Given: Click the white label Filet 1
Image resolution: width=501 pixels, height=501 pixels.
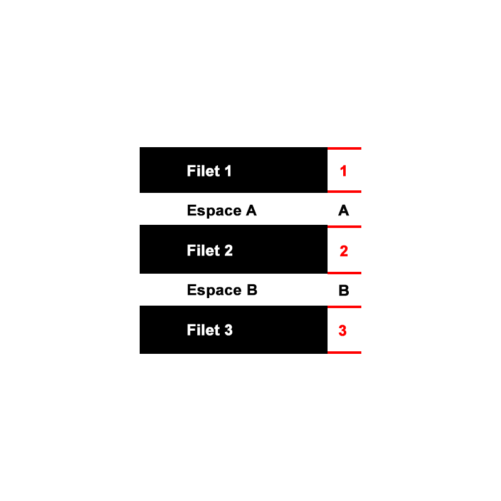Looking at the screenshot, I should coord(209,171).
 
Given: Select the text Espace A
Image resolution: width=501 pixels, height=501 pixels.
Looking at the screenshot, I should coord(222,211).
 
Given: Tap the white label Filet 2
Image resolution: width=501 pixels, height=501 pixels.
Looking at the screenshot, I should coord(210,251).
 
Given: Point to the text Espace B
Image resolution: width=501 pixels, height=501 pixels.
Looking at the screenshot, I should coord(222,291).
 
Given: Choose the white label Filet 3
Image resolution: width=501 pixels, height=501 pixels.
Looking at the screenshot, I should coord(210,330).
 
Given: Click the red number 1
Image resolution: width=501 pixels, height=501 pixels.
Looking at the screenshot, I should coord(343,171).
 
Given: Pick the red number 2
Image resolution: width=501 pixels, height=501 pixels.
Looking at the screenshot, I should coord(344,252).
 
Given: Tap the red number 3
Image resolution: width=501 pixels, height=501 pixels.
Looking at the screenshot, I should coord(343,331).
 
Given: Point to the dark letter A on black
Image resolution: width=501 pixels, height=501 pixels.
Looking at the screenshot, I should coord(343,211).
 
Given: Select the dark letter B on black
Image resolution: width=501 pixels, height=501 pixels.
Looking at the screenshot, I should coord(343,291).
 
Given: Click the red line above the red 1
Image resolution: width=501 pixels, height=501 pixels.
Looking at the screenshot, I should coord(344,149).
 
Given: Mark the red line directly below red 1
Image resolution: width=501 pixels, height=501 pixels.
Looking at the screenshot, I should coord(344,192).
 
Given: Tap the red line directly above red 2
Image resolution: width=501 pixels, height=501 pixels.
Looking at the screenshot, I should coord(344,226).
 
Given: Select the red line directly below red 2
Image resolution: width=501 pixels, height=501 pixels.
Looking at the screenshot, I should coord(344,273).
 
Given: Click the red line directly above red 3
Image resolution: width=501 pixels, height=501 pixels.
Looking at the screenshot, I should coord(344,307).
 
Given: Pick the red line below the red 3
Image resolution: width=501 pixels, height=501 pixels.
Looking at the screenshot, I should coord(344,353).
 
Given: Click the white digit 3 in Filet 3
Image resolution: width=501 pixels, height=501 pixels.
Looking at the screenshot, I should coord(229,330).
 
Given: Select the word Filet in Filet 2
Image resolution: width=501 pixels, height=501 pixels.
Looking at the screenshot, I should coord(202,251).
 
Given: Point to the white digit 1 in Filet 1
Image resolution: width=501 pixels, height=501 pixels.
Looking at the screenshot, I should coord(228,171).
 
